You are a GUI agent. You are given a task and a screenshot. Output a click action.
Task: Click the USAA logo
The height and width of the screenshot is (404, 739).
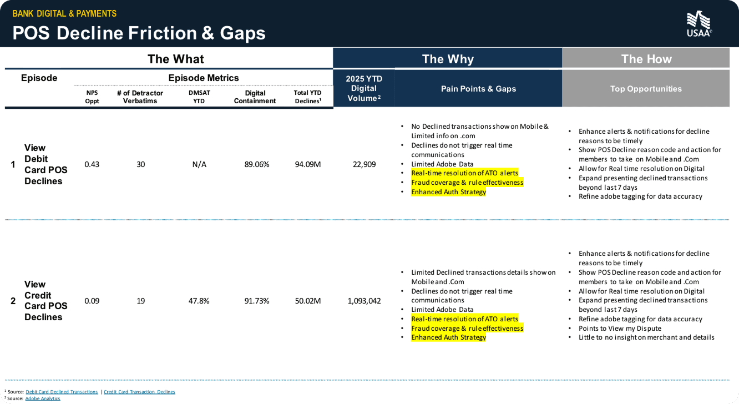(x=699, y=24)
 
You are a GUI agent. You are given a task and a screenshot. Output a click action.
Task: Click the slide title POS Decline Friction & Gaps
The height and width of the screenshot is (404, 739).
(x=139, y=33)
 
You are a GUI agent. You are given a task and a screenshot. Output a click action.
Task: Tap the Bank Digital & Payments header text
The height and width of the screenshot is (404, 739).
(x=64, y=13)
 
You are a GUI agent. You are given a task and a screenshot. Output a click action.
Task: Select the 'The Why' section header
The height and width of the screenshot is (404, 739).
(x=448, y=59)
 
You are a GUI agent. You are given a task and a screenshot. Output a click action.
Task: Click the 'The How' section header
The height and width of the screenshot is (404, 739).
(x=646, y=59)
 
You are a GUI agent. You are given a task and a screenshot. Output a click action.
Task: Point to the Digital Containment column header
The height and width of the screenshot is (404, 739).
(x=255, y=97)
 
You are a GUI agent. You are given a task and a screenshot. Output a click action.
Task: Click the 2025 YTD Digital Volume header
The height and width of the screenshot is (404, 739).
(x=363, y=89)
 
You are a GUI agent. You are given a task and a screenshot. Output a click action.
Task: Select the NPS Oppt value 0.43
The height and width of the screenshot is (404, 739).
(x=92, y=164)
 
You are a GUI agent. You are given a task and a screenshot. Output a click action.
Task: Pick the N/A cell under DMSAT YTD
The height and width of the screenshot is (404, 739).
(x=199, y=164)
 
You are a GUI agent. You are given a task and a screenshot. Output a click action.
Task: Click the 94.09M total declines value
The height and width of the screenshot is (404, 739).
(x=308, y=164)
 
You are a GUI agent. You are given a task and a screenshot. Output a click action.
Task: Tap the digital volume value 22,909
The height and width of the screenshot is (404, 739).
(x=363, y=164)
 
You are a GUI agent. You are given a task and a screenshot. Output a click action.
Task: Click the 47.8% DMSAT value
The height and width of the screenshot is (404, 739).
(x=199, y=301)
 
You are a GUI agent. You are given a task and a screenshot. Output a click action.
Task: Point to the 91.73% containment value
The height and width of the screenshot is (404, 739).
(x=257, y=301)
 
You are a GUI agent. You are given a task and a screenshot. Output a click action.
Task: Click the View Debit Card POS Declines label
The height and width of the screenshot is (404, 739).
(x=45, y=164)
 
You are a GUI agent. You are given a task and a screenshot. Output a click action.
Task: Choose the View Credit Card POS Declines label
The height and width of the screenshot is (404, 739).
(x=45, y=301)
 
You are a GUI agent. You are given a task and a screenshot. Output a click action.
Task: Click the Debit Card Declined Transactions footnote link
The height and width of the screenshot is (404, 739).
(x=62, y=392)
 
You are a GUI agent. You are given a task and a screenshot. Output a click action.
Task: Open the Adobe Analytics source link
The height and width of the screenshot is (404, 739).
(x=43, y=398)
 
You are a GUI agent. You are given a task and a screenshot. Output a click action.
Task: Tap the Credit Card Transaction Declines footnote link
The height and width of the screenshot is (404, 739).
(x=139, y=392)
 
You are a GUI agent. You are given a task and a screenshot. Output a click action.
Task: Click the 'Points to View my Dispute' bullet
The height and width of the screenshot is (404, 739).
(x=620, y=328)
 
